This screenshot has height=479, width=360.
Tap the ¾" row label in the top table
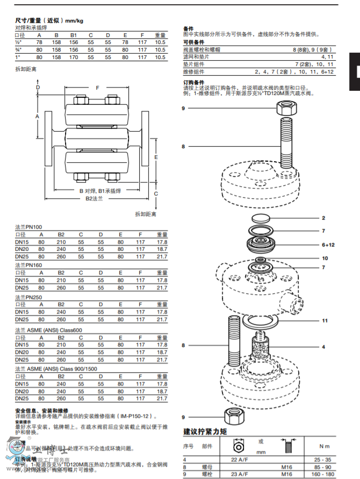pyautogui.click(x=18, y=49)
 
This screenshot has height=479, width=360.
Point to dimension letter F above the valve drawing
pyautogui.click(x=97, y=87)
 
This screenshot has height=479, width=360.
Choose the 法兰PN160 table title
pyautogui.click(x=29, y=265)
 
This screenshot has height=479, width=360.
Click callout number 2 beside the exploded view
pyautogui.click(x=323, y=218)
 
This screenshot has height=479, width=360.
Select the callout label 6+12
pyautogui.click(x=328, y=244)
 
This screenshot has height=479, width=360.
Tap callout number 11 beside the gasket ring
pyautogui.click(x=325, y=321)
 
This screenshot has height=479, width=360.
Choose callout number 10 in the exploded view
pyautogui.click(x=325, y=258)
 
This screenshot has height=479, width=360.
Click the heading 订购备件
pyautogui.click(x=194, y=82)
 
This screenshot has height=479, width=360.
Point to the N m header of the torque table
pyautogui.click(x=324, y=446)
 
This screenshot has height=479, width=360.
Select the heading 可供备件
pyautogui.click(x=194, y=42)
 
